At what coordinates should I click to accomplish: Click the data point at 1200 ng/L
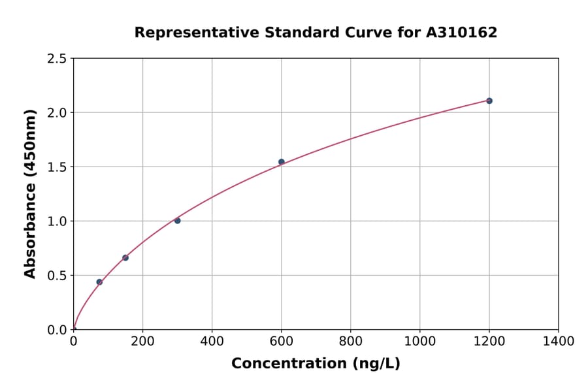(489, 101)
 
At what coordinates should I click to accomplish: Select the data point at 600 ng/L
(282, 162)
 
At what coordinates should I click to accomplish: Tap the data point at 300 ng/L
(177, 221)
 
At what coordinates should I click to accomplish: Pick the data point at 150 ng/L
(125, 258)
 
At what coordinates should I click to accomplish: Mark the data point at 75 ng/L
(99, 282)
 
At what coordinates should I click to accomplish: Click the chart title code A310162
(462, 33)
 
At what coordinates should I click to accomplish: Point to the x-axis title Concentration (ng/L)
(316, 363)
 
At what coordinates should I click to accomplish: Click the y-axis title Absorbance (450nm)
(30, 193)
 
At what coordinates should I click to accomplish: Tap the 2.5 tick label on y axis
(57, 59)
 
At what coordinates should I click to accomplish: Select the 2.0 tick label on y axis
(57, 113)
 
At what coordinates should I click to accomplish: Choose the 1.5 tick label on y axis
(57, 167)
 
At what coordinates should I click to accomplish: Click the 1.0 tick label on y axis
(57, 221)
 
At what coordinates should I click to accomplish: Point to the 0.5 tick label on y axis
(57, 276)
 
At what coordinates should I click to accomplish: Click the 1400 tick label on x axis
(558, 341)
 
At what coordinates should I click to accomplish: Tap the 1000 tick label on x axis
(419, 341)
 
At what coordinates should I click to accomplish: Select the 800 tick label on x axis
(350, 341)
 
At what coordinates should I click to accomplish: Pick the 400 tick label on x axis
(212, 341)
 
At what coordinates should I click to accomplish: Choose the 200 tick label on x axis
(142, 341)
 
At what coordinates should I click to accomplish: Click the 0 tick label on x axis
(73, 341)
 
